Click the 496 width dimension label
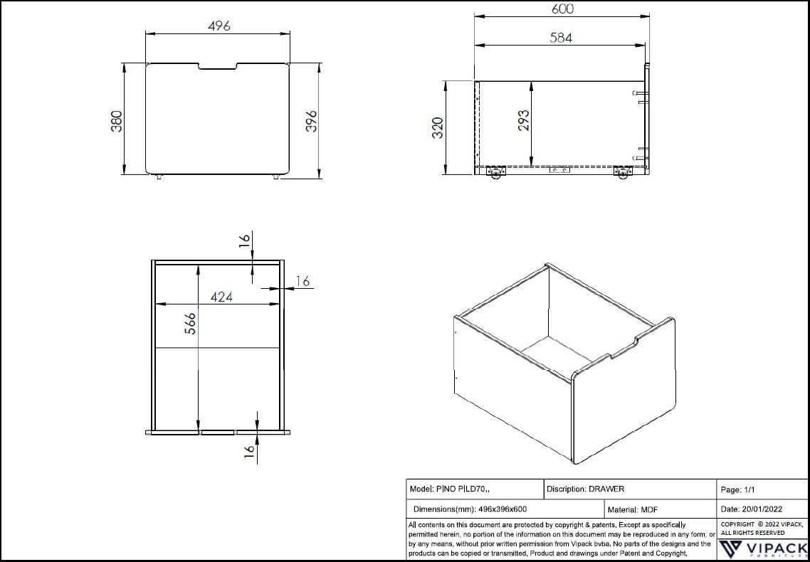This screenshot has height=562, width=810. pyautogui.click(x=219, y=26)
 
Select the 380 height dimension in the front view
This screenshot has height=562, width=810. pyautogui.click(x=118, y=120)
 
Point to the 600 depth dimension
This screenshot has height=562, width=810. pyautogui.click(x=562, y=9)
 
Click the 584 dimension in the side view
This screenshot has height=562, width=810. pyautogui.click(x=561, y=38)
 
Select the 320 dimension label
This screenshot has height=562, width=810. pyautogui.click(x=438, y=128)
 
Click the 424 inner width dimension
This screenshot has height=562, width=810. pyautogui.click(x=221, y=297)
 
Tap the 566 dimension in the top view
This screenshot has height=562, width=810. pyautogui.click(x=189, y=324)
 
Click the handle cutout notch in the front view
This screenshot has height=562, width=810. pyautogui.click(x=218, y=68)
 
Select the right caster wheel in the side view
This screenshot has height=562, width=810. pyautogui.click(x=624, y=173)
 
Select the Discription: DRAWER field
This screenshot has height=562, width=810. pyautogui.click(x=585, y=489)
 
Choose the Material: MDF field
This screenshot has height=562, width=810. pyautogui.click(x=632, y=510)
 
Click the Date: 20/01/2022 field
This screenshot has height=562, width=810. pyautogui.click(x=751, y=510)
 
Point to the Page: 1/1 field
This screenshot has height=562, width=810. pyautogui.click(x=738, y=490)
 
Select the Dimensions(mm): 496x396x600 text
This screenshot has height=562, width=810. pyautogui.click(x=470, y=510)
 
